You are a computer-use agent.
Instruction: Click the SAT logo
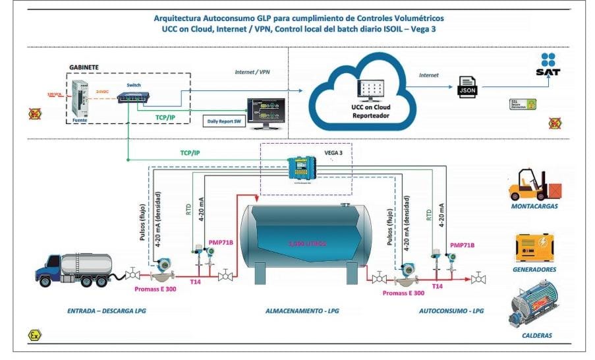[x=548, y=64]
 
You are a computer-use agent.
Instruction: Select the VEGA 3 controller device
[x=303, y=167]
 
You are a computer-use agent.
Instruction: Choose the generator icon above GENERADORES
[x=535, y=248]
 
